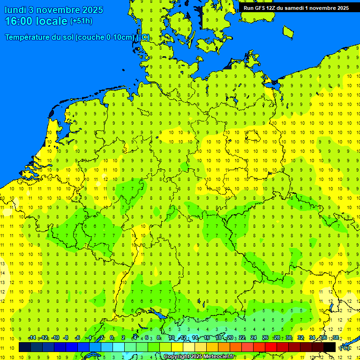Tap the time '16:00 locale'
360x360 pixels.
point(36,21)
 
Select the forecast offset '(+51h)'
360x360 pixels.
point(81,21)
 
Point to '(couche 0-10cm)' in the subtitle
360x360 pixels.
point(105,37)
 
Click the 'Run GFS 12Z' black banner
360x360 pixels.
point(296,7)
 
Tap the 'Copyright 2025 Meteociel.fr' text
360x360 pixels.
point(199,357)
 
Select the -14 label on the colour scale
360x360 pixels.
point(32,338)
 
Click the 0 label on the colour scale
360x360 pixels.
point(112,338)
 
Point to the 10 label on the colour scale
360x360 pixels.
point(172,338)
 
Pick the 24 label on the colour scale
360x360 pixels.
point(254,338)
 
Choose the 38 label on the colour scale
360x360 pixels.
point(336,338)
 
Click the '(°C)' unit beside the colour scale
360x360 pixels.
point(345,348)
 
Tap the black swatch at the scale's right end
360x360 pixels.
point(330,347)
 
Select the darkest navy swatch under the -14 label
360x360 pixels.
point(25,347)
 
